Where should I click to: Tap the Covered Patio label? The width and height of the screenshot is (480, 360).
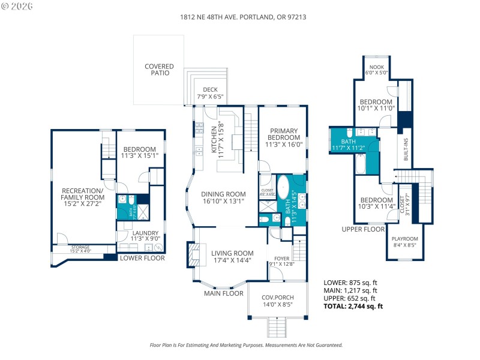point(159,70)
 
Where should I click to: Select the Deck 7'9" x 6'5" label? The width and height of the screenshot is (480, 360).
point(209,93)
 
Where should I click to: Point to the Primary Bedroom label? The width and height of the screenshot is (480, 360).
point(284,137)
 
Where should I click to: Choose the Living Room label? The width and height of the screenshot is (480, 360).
point(232,256)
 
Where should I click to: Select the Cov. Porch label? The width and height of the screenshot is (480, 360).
point(277,301)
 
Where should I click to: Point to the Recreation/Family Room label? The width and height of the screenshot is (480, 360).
point(83,198)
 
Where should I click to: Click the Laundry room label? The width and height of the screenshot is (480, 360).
point(145,235)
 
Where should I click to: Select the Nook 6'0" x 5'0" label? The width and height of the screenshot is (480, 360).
point(376,70)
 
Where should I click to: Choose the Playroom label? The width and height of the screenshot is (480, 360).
point(405,242)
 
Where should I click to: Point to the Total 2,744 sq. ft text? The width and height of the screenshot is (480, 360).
point(353,306)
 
